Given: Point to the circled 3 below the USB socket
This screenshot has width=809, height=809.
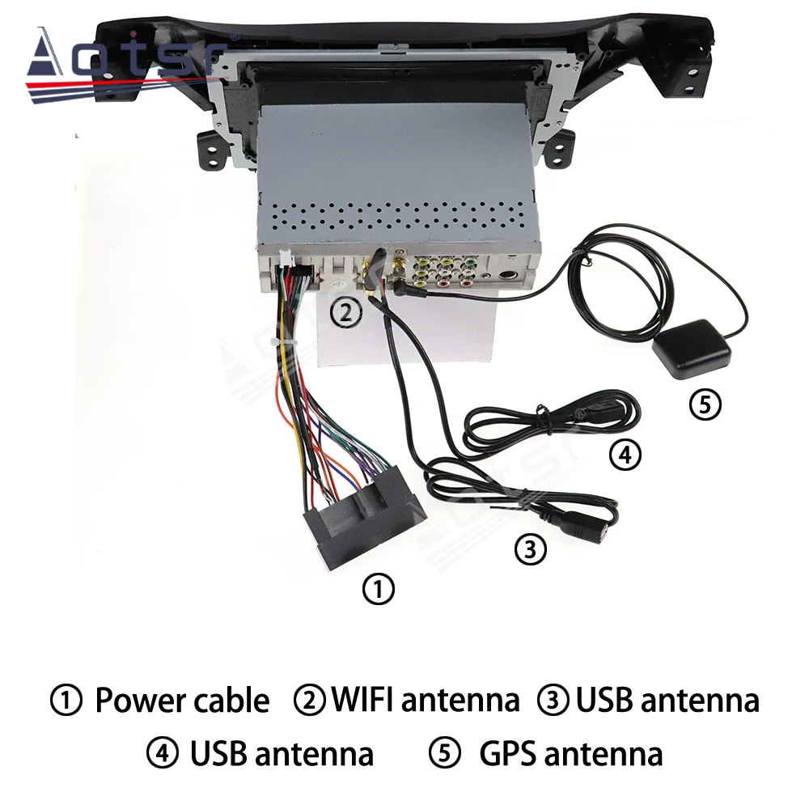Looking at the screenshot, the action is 530,550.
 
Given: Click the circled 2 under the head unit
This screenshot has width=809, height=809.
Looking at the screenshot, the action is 346,312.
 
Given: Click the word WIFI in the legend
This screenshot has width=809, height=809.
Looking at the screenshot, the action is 362,700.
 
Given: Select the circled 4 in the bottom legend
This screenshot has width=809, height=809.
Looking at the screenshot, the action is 162,754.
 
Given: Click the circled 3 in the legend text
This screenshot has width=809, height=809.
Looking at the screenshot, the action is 554,701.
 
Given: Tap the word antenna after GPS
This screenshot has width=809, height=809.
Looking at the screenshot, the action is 604,754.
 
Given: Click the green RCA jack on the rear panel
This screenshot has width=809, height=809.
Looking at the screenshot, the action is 468,263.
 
